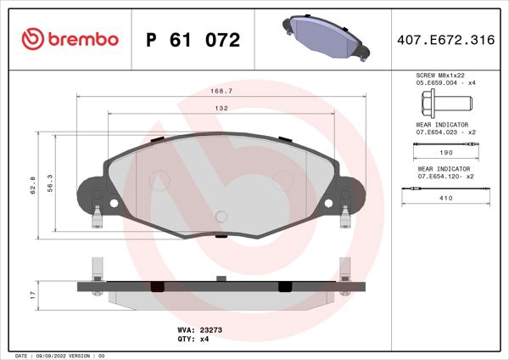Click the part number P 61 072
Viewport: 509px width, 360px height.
pos(193,40)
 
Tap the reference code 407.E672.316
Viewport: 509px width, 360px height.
pos(445,40)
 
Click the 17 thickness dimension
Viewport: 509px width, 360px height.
pos(32,294)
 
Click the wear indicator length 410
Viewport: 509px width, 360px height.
pos(445,198)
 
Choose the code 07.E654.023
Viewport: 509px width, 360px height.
pos(435,132)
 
